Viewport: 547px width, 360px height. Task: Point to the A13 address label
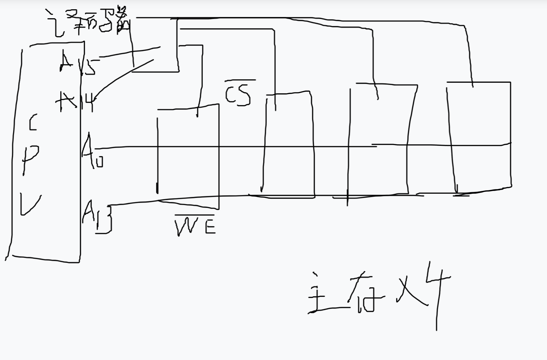[96, 216]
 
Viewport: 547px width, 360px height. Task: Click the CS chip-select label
[238, 95]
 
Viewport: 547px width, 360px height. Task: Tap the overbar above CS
[240, 80]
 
